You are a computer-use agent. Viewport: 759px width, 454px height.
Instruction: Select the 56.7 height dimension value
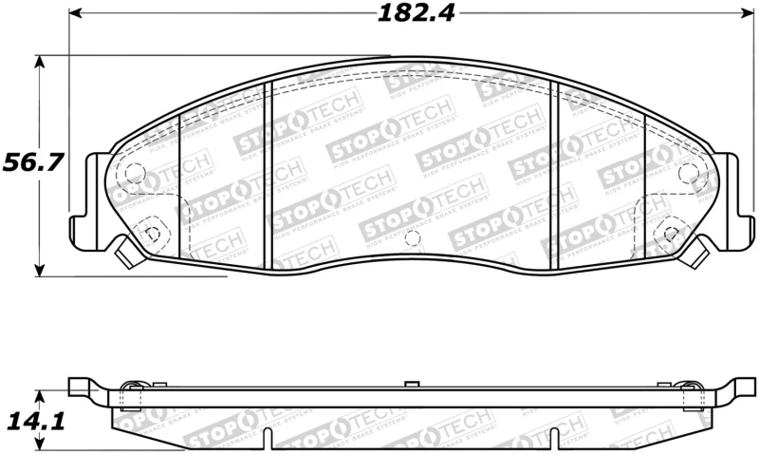[x=32, y=162]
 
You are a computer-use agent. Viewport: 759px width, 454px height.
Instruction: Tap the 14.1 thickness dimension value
[x=34, y=420]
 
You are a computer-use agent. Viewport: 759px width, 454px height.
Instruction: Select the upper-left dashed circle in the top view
[x=134, y=175]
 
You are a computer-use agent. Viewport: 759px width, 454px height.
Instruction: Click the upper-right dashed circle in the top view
[x=690, y=172]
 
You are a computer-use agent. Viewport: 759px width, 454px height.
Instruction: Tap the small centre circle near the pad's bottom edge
[x=411, y=236]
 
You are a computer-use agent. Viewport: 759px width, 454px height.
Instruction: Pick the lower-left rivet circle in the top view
[x=149, y=229]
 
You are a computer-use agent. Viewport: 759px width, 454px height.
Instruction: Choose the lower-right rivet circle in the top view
[x=672, y=231]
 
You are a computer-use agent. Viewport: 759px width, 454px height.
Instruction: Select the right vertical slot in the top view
[x=557, y=176]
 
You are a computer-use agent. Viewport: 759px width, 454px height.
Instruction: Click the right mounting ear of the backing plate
[x=731, y=199]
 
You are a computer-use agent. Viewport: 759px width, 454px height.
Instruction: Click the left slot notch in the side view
[x=269, y=439]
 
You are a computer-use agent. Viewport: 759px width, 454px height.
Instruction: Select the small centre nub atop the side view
[x=411, y=383]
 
